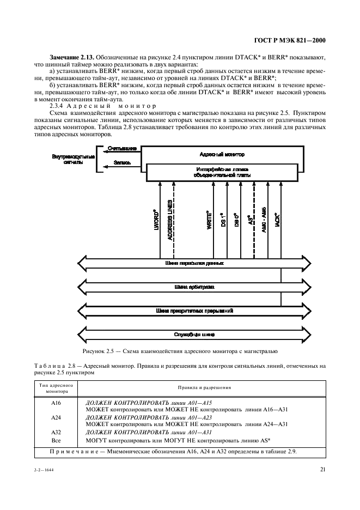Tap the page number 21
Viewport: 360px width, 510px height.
323,470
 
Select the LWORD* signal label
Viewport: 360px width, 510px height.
155,220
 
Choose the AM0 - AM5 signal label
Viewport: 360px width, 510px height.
264,220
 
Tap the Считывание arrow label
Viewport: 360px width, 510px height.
118,149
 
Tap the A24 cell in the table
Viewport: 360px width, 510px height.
56,417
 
